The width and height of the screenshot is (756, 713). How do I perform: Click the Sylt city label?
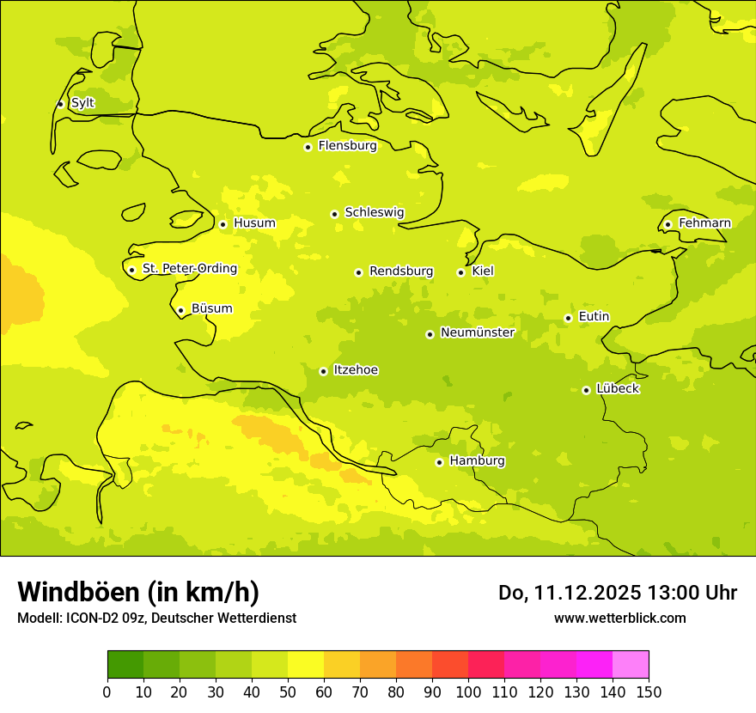[82, 103]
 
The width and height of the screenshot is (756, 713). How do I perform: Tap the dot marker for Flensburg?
[308, 147]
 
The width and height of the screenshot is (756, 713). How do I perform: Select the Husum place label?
[254, 223]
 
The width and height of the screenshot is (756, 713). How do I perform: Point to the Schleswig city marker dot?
[334, 214]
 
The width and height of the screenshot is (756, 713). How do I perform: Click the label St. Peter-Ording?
[189, 269]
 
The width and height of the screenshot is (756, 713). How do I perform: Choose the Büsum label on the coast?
[211, 309]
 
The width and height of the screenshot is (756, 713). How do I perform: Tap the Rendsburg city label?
[401, 271]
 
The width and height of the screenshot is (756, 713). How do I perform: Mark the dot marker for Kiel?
[460, 272]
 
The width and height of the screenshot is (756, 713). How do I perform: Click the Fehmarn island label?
[704, 223]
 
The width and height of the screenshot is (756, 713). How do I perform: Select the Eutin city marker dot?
[568, 318]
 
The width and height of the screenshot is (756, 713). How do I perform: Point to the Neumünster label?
[477, 332]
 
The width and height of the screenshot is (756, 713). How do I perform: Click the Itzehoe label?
[356, 370]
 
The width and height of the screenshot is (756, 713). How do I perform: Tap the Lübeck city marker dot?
[586, 390]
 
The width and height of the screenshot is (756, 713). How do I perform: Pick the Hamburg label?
[477, 461]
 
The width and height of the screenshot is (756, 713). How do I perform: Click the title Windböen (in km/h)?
[138, 592]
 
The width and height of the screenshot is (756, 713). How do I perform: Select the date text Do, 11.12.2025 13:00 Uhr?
[618, 593]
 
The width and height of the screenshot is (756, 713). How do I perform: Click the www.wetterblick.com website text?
[619, 619]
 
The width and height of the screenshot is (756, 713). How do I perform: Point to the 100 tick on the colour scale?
[468, 692]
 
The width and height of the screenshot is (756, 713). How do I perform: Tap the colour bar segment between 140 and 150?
[631, 665]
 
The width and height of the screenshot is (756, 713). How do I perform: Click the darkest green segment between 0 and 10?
[125, 665]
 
